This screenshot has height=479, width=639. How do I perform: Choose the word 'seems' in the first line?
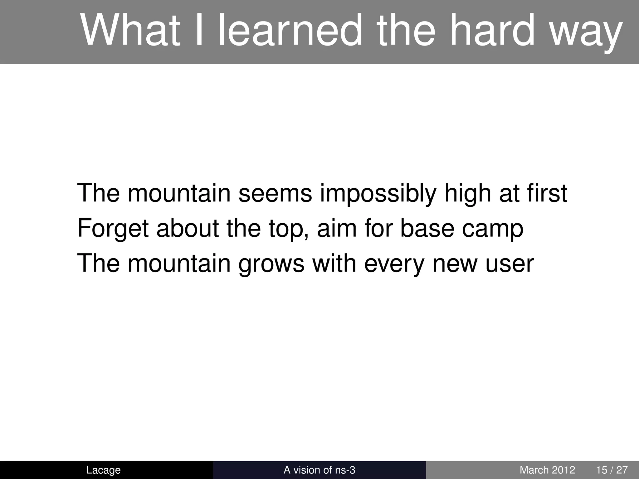tap(275, 193)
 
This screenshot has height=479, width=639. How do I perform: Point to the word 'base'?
tap(427, 228)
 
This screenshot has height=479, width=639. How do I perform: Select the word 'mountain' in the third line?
tap(179, 263)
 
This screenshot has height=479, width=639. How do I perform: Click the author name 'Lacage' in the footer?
tap(103, 470)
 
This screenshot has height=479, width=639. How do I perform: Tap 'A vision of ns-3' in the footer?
tap(319, 470)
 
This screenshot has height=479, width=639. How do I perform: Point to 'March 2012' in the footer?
tap(547, 470)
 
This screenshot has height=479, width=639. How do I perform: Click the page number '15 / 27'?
tap(612, 470)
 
